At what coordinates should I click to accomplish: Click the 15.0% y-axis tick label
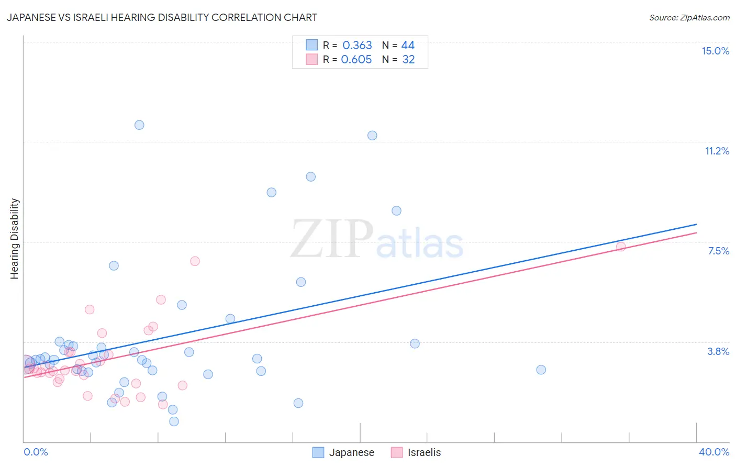tap(715, 51)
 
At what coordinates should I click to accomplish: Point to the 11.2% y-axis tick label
tap(717, 151)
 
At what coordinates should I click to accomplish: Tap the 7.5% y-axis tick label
tap(718, 251)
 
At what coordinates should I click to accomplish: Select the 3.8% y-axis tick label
tap(718, 351)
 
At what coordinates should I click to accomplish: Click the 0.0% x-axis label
tap(36, 452)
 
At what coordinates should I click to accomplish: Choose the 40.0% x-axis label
tap(713, 452)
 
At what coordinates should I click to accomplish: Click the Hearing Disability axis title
tap(15, 238)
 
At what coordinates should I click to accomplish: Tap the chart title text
tap(162, 17)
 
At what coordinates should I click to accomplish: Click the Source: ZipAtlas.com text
tap(689, 17)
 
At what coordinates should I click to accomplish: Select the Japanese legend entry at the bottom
tap(343, 452)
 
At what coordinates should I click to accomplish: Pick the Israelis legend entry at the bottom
tap(416, 452)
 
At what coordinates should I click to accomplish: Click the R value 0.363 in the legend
tap(357, 46)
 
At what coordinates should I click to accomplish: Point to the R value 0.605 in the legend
tap(356, 59)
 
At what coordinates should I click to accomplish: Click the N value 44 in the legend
tap(408, 46)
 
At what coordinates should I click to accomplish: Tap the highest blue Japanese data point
tap(139, 125)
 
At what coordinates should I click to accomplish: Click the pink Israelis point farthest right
tap(621, 247)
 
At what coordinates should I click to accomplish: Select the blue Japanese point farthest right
tap(541, 370)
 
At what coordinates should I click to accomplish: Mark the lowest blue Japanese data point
tap(174, 421)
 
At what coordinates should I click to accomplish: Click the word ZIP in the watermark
tap(332, 240)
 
